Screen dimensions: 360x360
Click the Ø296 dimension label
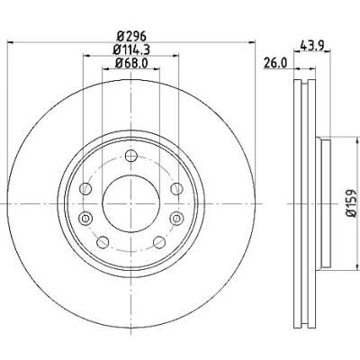click(x=131, y=37)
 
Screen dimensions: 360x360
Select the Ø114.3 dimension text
click(x=131, y=49)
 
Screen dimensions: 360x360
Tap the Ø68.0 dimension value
click(x=131, y=63)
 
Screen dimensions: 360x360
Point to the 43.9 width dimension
click(x=311, y=45)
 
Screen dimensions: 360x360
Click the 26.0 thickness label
click(x=275, y=63)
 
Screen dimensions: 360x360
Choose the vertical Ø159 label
click(x=350, y=202)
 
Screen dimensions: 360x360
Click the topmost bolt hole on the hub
click(x=131, y=156)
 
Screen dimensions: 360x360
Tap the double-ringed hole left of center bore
click(x=85, y=218)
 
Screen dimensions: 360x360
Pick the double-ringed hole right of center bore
click(x=176, y=218)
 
